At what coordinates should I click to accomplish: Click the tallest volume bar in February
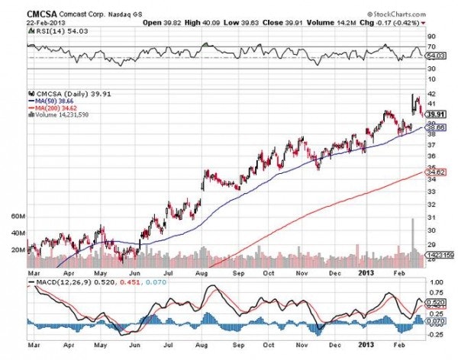pos(413,237)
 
